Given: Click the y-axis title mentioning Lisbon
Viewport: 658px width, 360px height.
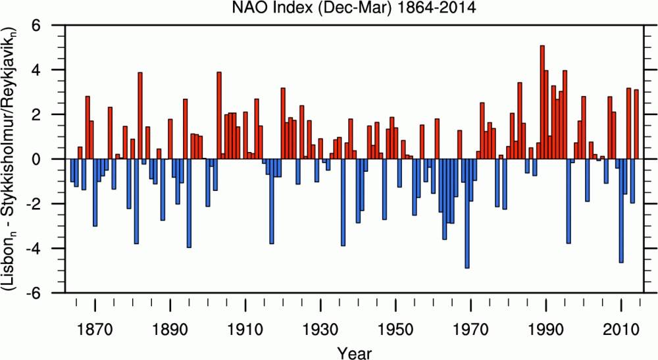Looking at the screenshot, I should pyautogui.click(x=13, y=159).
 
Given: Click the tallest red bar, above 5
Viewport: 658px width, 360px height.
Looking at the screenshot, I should pyautogui.click(x=542, y=102).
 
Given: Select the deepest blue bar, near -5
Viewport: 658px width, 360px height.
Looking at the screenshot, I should pyautogui.click(x=467, y=213).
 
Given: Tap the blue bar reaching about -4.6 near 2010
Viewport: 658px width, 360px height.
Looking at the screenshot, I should pyautogui.click(x=621, y=211).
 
